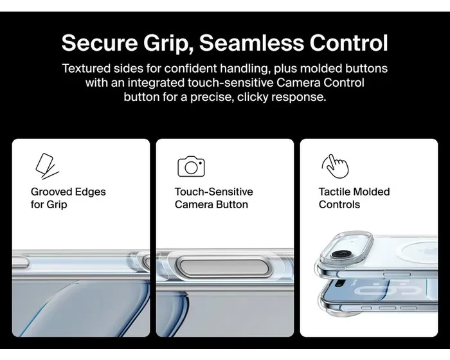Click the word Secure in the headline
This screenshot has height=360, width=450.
pyautogui.click(x=100, y=43)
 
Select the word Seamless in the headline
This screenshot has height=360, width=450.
pyautogui.click(x=251, y=43)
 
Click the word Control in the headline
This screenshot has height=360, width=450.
pyautogui.click(x=348, y=43)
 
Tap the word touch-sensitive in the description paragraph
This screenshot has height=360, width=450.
pyautogui.click(x=230, y=83)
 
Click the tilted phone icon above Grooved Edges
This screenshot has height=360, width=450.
pyautogui.click(x=46, y=166)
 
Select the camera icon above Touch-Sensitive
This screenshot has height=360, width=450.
pyautogui.click(x=191, y=166)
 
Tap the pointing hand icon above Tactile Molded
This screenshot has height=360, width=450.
pyautogui.click(x=336, y=166)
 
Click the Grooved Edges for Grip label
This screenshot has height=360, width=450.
pyautogui.click(x=68, y=198)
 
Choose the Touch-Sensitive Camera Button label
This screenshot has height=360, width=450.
pyautogui.click(x=214, y=198)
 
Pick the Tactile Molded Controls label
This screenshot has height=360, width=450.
pyautogui.click(x=354, y=198)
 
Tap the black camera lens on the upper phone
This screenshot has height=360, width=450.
pyautogui.click(x=341, y=254)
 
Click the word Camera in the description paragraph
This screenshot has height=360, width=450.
pyautogui.click(x=298, y=83)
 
